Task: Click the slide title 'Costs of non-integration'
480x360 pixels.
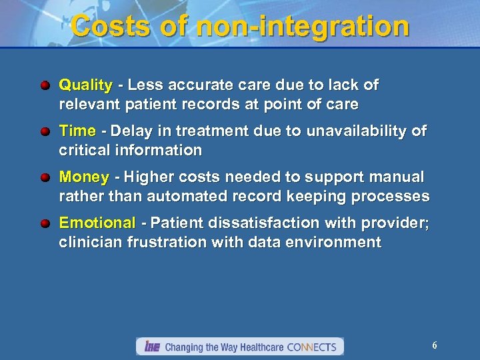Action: [x=240, y=27]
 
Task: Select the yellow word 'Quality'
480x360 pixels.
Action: [x=85, y=85]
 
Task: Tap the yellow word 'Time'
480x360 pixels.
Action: [x=77, y=131]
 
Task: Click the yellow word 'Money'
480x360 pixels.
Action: [x=84, y=177]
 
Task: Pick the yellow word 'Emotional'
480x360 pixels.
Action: [x=97, y=223]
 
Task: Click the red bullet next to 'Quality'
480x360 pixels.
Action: [x=44, y=86]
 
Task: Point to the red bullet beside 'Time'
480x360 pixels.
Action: [x=44, y=132]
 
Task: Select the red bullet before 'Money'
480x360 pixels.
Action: [x=44, y=178]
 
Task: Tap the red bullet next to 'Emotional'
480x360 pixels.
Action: [x=44, y=223]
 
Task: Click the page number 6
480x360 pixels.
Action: [x=435, y=345]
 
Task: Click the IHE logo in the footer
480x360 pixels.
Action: [x=150, y=347]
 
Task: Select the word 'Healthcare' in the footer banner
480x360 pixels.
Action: [x=256, y=347]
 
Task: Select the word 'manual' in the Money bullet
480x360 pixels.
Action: [x=398, y=177]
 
